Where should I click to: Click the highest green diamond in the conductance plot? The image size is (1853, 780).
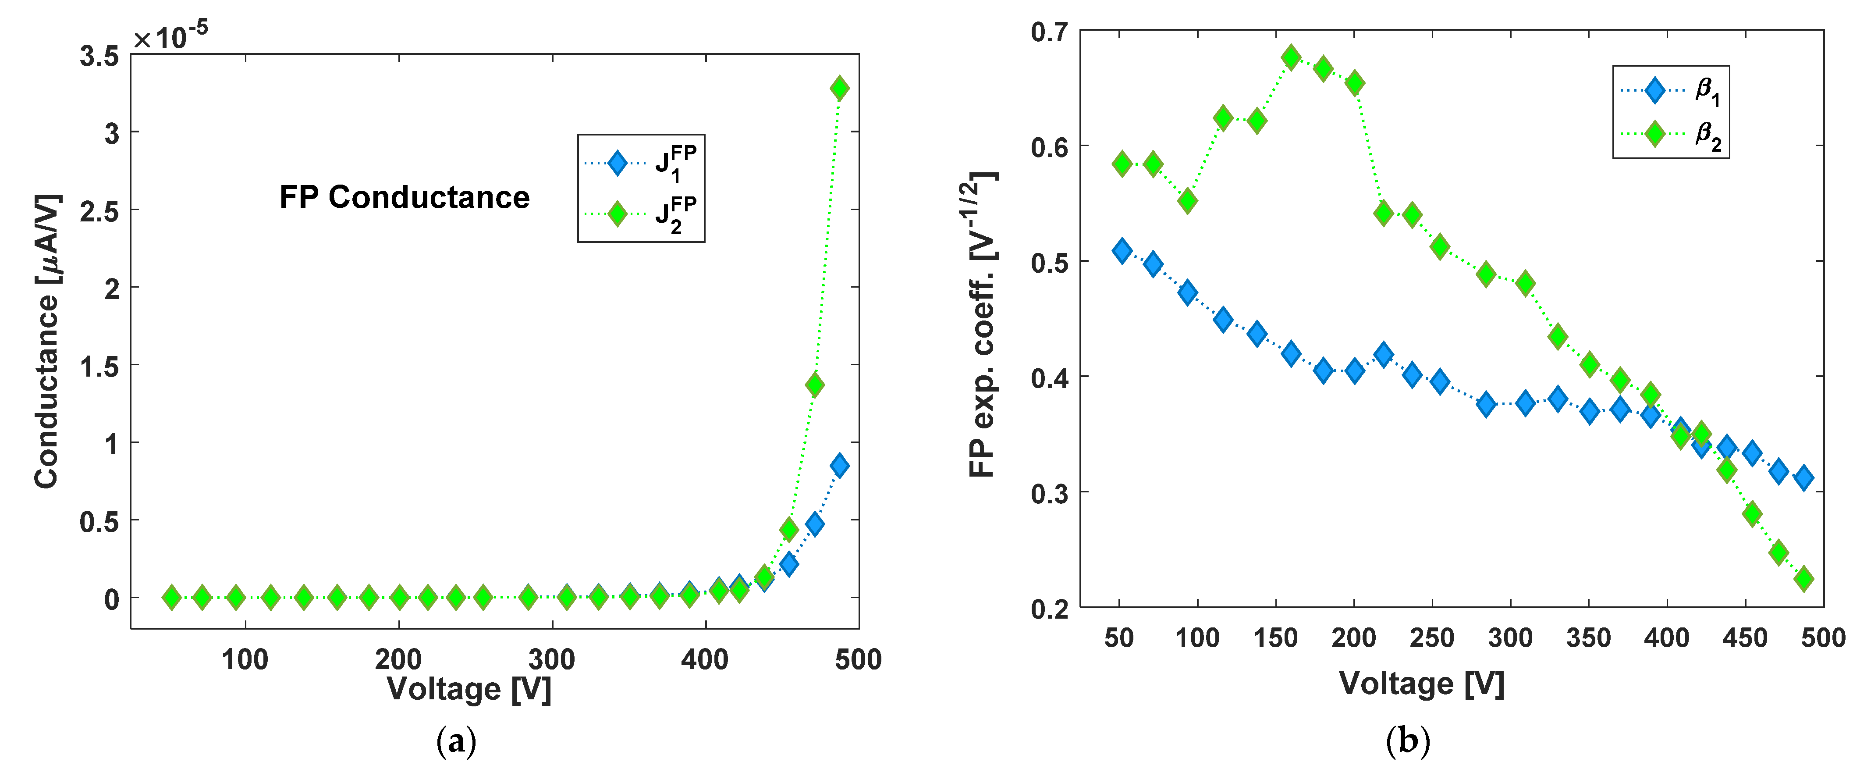point(839,89)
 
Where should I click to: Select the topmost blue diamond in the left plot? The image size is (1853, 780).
point(839,466)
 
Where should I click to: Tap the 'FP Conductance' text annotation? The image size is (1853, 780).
point(404,197)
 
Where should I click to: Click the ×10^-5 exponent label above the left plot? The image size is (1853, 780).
point(170,36)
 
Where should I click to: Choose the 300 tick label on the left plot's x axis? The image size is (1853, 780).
point(552,659)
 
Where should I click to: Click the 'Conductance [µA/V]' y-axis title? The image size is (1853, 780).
point(47,342)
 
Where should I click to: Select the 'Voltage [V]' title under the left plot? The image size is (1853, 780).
point(469,689)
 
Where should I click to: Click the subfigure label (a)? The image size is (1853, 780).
point(456,741)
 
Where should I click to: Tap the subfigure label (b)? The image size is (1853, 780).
point(1408,741)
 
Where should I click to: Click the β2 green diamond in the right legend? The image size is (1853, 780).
point(1654,134)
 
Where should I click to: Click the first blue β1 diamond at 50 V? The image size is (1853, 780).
point(1122,251)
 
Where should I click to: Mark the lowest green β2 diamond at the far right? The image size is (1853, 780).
point(1803,578)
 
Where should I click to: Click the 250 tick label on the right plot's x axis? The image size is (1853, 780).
point(1431,638)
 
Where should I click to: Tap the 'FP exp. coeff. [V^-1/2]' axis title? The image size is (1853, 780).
point(982,324)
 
